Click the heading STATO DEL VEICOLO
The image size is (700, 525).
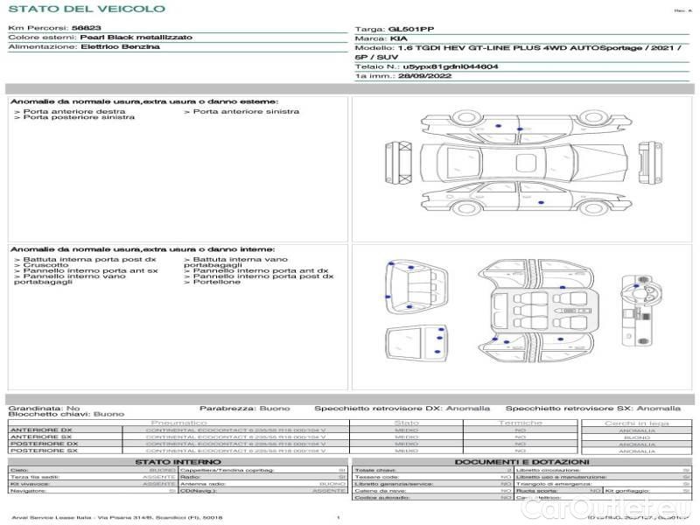(86, 9)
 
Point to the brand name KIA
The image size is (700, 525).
(398, 38)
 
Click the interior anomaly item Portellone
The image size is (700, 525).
(216, 282)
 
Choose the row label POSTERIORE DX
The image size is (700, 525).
(43, 444)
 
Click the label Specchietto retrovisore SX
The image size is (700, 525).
(570, 408)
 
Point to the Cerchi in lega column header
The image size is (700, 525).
(636, 423)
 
